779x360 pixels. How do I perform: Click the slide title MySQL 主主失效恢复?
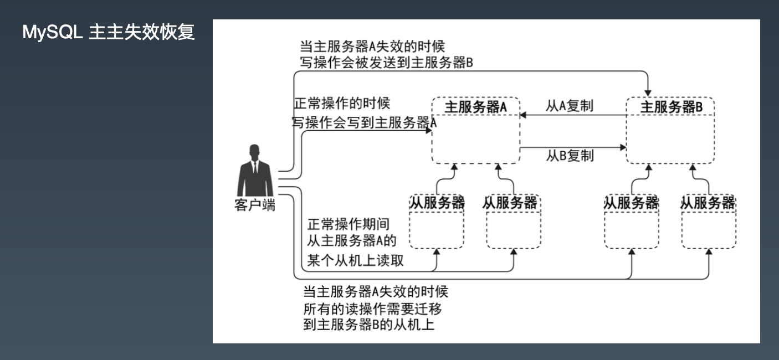coord(108,33)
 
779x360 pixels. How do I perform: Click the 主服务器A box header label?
coord(476,107)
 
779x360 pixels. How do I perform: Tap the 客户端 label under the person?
coord(255,205)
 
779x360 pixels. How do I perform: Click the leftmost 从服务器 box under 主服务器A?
coord(437,222)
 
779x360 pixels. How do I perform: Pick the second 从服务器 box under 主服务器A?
coord(512,222)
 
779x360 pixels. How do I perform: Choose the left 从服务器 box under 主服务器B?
coord(631,222)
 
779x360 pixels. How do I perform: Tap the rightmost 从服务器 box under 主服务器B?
coord(708,222)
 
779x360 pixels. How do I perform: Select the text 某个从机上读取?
coord(355,261)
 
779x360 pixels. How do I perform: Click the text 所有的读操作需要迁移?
coord(372,308)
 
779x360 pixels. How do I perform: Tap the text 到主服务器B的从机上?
coord(368,325)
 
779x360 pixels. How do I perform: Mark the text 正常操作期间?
coord(348,224)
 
